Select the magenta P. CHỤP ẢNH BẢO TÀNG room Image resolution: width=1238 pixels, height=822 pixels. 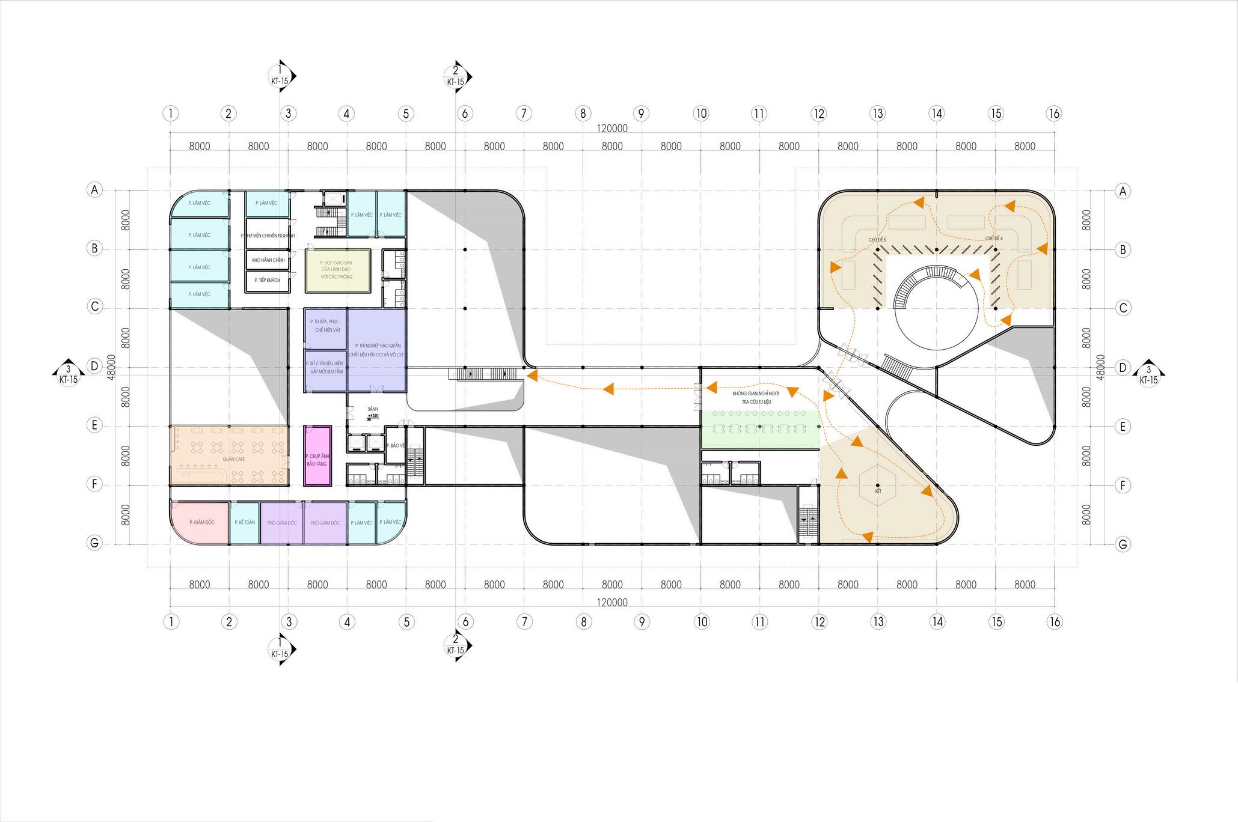pyautogui.click(x=317, y=455)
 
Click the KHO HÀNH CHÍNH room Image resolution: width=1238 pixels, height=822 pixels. pyautogui.click(x=267, y=260)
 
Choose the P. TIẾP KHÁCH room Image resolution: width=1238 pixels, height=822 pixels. pyautogui.click(x=267, y=281)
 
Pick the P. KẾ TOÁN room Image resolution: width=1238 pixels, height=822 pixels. pyautogui.click(x=245, y=523)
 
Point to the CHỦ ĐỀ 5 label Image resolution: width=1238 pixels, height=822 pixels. pyautogui.click(x=877, y=240)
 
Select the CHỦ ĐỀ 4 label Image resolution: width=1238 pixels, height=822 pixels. pyautogui.click(x=993, y=239)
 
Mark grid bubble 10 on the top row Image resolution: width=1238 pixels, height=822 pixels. pyautogui.click(x=700, y=113)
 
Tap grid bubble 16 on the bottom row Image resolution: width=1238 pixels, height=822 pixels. pyautogui.click(x=1054, y=621)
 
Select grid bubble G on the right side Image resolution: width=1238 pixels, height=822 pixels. pyautogui.click(x=1122, y=544)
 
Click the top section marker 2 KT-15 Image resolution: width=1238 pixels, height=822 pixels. pyautogui.click(x=456, y=76)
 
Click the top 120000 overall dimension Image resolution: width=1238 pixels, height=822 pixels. pyautogui.click(x=612, y=129)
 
